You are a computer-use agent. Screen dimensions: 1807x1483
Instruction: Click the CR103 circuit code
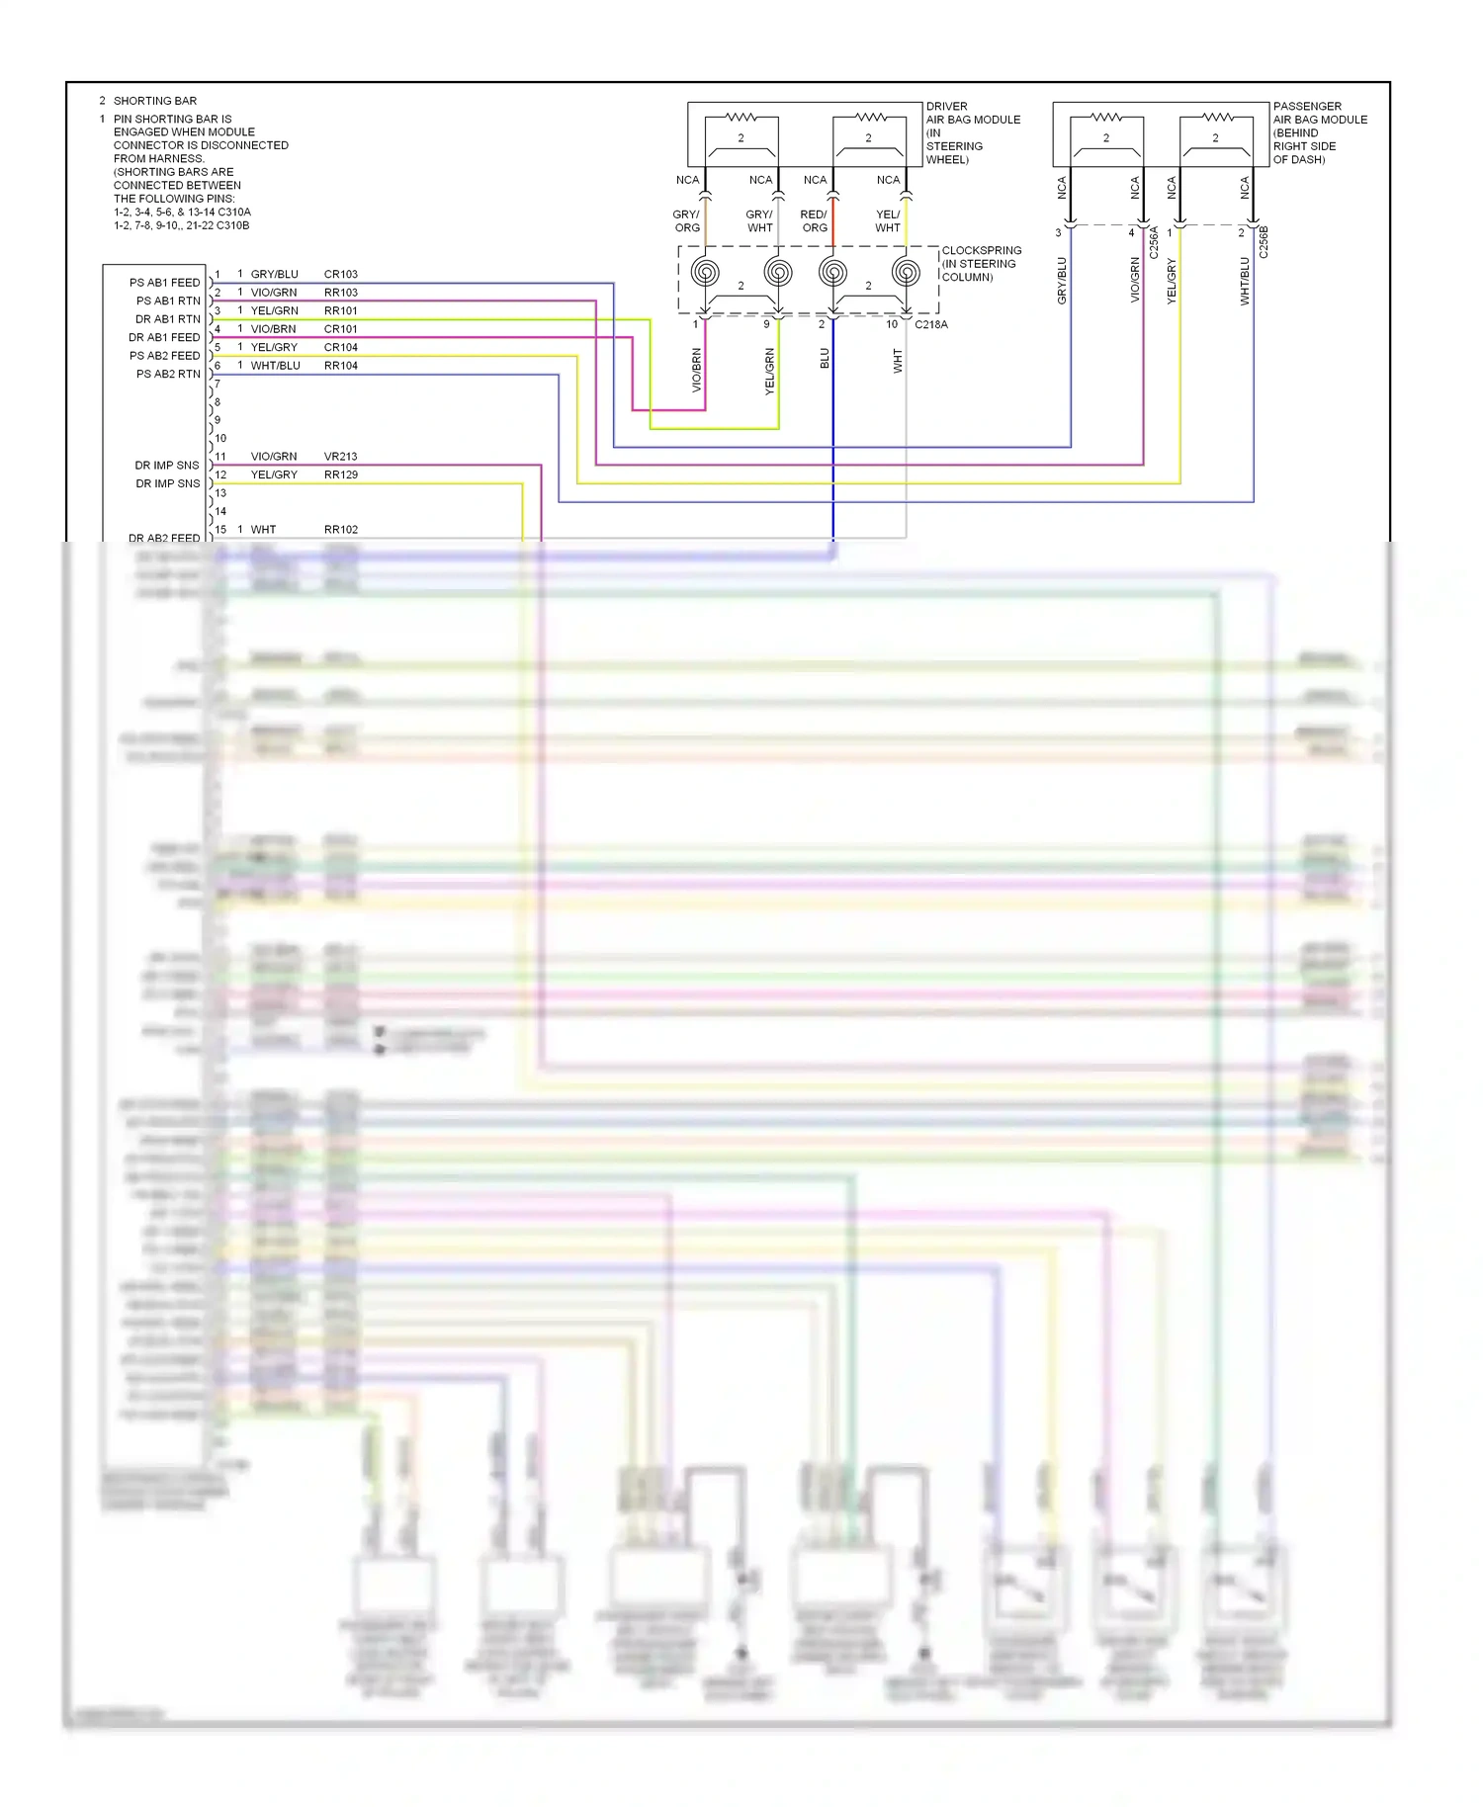pos(340,274)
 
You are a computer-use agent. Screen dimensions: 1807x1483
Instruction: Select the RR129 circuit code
pos(340,474)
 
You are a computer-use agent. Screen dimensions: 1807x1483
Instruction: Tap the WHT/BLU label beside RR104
pos(275,366)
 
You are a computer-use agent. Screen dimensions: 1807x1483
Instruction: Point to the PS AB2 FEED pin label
pos(164,356)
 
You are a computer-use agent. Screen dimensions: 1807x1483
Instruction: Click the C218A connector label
pos(930,324)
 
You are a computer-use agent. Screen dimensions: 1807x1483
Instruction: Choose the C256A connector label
pos(1154,243)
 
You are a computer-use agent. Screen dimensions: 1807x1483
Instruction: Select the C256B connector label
pos(1264,243)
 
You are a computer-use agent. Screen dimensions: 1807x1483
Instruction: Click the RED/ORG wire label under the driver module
pos(814,221)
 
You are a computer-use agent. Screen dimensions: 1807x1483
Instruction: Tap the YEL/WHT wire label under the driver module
pos(888,221)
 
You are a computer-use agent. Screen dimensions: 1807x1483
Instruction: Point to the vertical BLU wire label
pos(825,359)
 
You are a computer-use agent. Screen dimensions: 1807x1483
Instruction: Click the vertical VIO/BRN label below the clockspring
pos(696,371)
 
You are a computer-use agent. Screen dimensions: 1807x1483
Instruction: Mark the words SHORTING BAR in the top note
pos(155,101)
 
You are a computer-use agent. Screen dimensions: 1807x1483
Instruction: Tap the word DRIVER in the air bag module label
pos(946,106)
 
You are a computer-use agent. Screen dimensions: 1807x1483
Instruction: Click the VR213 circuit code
pos(340,457)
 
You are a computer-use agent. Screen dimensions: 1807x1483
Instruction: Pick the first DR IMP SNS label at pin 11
pos(166,466)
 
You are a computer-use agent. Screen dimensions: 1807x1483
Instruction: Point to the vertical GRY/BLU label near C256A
pos(1062,281)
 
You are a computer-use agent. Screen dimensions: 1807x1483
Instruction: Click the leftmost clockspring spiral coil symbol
pos(705,272)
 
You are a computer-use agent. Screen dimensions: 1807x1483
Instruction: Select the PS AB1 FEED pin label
pos(164,283)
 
